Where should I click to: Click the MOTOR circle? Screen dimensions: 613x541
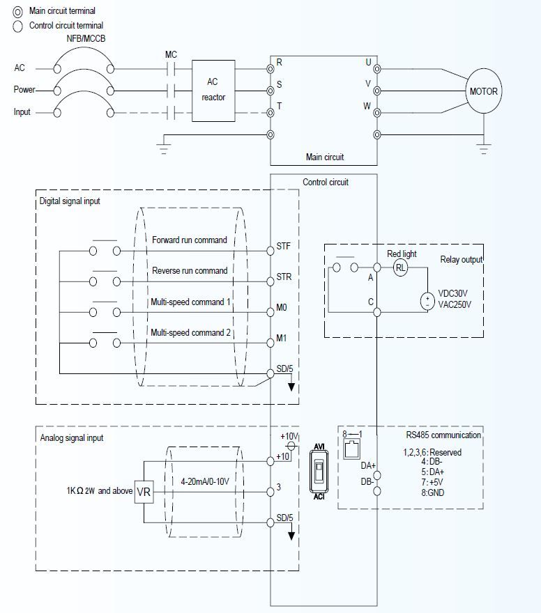(x=483, y=91)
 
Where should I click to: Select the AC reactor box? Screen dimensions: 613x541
(x=213, y=90)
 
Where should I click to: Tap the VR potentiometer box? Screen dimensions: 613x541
(x=144, y=491)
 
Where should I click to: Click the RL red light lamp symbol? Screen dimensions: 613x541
(x=400, y=267)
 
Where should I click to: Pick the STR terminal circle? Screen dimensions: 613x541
(x=270, y=281)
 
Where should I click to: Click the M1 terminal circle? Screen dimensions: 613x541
(x=270, y=342)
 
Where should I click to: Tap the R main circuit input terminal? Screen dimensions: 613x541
(x=270, y=69)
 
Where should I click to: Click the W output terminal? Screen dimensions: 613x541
(x=377, y=112)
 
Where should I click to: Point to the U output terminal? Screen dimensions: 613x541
(x=377, y=69)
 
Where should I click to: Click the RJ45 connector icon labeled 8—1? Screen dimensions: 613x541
(x=351, y=449)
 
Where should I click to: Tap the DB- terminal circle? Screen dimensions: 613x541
(x=377, y=491)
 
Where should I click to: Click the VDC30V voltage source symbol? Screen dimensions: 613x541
(x=426, y=302)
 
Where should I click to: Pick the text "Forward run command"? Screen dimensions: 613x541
(x=190, y=240)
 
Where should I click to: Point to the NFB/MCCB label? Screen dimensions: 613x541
(x=83, y=40)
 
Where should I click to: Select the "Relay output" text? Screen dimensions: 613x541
(x=461, y=260)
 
